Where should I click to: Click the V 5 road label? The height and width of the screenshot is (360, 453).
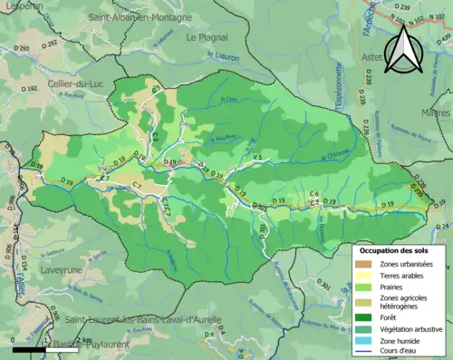[x=256, y=159]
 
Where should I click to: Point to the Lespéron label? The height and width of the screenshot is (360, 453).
[x=23, y=5]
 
